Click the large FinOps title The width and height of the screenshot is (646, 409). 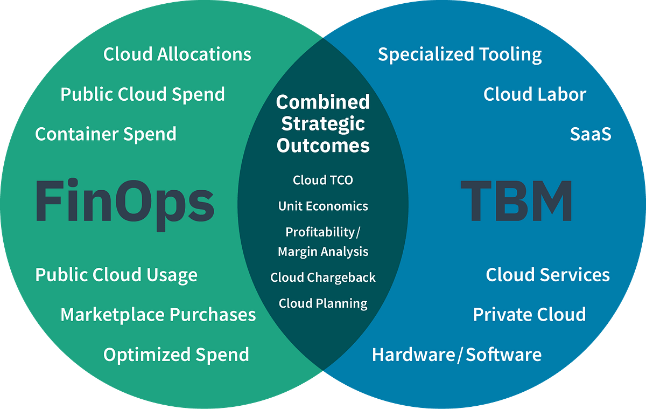(x=125, y=202)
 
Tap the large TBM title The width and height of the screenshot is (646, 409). (x=516, y=202)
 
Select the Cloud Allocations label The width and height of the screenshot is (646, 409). (x=177, y=54)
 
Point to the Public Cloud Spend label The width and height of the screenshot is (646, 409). (x=143, y=94)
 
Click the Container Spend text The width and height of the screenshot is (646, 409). (x=106, y=134)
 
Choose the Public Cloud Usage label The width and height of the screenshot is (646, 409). (x=116, y=275)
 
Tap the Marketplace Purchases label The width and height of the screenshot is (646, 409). (x=158, y=315)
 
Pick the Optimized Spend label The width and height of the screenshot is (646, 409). (x=176, y=355)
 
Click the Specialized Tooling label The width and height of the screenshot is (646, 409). (x=460, y=54)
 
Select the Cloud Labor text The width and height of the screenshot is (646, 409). (x=535, y=94)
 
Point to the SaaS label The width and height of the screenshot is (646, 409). (x=591, y=134)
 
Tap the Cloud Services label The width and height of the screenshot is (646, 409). (x=547, y=275)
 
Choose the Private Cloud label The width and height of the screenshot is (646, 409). (x=529, y=315)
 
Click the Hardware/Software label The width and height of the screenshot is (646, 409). (x=457, y=355)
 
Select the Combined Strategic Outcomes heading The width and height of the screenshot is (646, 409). (x=323, y=123)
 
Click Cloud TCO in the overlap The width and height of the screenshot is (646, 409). (x=323, y=180)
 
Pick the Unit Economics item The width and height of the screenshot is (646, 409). (x=323, y=206)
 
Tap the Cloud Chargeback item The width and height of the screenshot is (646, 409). (x=323, y=278)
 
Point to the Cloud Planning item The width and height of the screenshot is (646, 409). (x=323, y=303)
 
